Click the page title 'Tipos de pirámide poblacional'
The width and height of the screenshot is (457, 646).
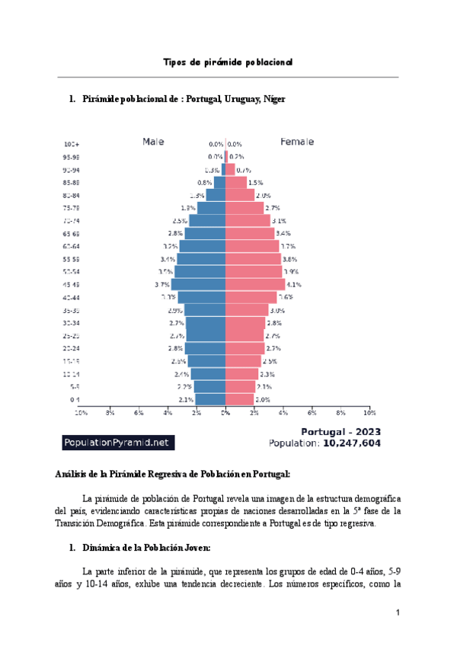(x=228, y=62)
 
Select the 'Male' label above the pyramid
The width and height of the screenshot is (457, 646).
(x=153, y=142)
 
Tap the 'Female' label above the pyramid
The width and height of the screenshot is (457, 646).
(x=297, y=142)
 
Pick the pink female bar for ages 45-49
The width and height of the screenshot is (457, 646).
(x=254, y=284)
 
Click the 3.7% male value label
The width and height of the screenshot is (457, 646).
(x=160, y=284)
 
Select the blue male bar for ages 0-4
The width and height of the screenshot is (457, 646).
(x=210, y=399)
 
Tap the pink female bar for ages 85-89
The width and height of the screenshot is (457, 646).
(x=235, y=182)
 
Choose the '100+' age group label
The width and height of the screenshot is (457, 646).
(x=72, y=144)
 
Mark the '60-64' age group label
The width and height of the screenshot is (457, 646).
(x=72, y=246)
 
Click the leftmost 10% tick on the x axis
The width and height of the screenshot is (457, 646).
(x=80, y=413)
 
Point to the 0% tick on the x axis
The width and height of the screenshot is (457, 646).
(x=225, y=413)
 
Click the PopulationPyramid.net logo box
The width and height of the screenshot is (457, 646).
(x=118, y=443)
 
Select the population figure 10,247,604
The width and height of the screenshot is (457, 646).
(x=351, y=443)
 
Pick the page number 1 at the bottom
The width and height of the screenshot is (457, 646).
(x=398, y=613)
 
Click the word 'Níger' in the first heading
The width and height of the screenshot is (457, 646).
(x=274, y=100)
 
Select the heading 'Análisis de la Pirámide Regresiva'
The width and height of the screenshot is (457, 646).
(x=172, y=474)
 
